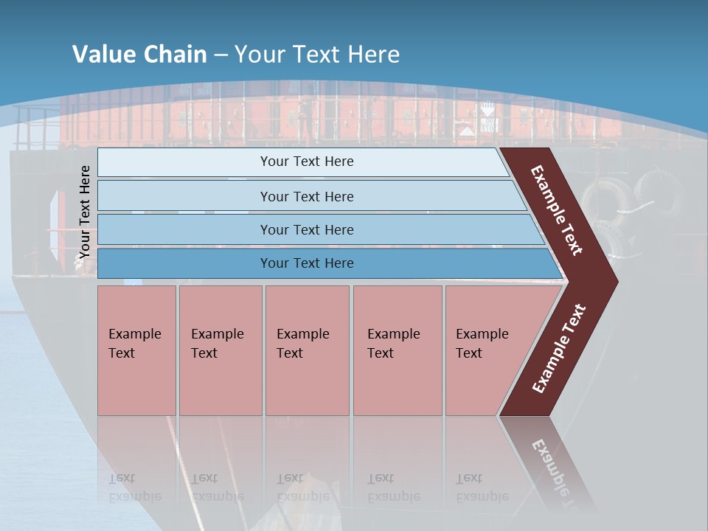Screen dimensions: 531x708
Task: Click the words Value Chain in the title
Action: pos(139,55)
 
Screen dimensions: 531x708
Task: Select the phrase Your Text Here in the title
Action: pos(316,55)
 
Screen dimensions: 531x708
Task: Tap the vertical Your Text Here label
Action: pos(85,212)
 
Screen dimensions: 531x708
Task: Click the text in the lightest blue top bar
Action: pos(307,162)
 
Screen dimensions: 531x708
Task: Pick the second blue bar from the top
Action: pos(307,196)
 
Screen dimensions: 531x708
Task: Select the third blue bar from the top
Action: pos(307,229)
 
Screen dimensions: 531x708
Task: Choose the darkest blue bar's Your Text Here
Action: pos(307,263)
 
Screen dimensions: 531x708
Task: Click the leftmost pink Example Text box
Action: pos(136,344)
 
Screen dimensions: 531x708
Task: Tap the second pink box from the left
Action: pos(219,344)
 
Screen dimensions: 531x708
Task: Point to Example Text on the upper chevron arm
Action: pos(557,210)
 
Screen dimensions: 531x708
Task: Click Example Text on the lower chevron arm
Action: pos(559,349)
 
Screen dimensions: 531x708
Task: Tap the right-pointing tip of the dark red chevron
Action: pos(614,282)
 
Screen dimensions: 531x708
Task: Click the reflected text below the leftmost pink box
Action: pos(134,487)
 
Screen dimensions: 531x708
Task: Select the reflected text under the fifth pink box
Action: pos(482,487)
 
